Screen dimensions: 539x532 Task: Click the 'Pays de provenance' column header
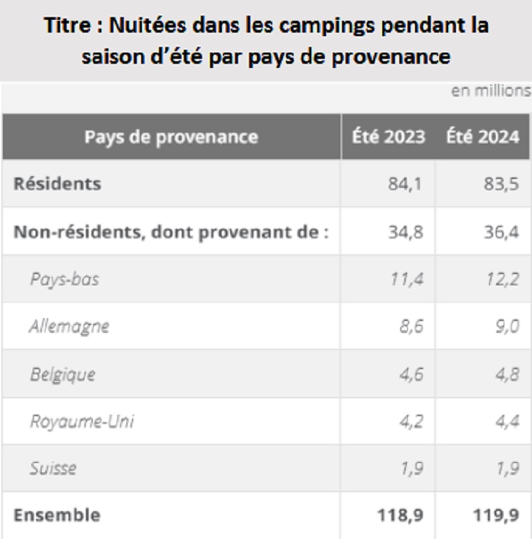[x=172, y=136]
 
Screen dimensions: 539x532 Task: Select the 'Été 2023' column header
[x=389, y=136]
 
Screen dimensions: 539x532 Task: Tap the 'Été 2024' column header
[x=483, y=136]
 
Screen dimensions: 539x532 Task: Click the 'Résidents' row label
[x=57, y=184]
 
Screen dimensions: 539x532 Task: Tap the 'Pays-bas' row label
[x=65, y=279]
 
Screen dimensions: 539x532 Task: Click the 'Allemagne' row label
[x=70, y=327]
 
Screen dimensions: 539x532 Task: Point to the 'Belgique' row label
[x=62, y=374]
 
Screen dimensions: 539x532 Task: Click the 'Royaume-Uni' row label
[x=82, y=422]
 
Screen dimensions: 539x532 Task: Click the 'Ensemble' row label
[x=57, y=515]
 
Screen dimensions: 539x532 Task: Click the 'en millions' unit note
[x=490, y=90]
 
